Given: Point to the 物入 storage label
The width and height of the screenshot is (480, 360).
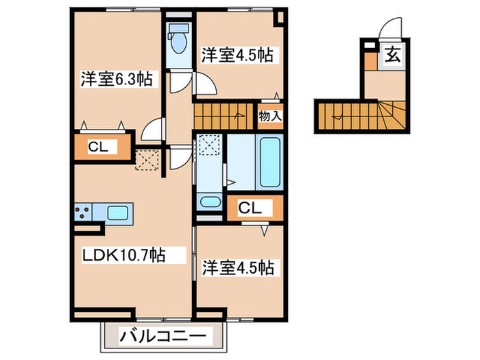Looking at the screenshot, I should [269, 117].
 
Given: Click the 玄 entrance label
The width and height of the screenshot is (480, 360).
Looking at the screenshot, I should [392, 53].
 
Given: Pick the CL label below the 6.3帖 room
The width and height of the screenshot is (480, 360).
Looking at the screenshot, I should [101, 147].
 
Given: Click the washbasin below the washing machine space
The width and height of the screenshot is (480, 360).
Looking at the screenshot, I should [210, 203].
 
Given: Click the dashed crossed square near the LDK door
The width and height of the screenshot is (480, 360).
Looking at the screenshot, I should [147, 160].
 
